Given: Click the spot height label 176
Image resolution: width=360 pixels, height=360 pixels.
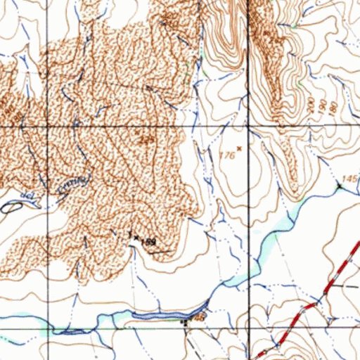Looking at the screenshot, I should [x=226, y=155].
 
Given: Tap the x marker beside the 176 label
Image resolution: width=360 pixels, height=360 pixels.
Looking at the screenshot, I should [x=240, y=148].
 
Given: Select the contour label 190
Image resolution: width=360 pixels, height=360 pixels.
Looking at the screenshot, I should [x=321, y=106].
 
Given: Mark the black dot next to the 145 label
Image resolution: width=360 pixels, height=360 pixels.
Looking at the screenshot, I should [x=340, y=186].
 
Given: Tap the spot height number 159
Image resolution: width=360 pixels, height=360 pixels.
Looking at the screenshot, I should [x=148, y=242].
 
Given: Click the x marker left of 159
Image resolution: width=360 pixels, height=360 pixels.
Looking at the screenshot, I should [x=136, y=238].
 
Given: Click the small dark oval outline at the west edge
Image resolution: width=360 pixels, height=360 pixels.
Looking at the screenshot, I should [x=11, y=207].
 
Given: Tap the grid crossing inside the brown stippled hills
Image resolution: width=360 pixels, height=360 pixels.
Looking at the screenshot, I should [x=49, y=126].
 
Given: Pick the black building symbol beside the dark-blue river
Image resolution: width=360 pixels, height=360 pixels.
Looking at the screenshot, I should [x=186, y=323].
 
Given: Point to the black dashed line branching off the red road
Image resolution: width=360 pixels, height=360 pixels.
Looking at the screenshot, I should [x=345, y=288].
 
